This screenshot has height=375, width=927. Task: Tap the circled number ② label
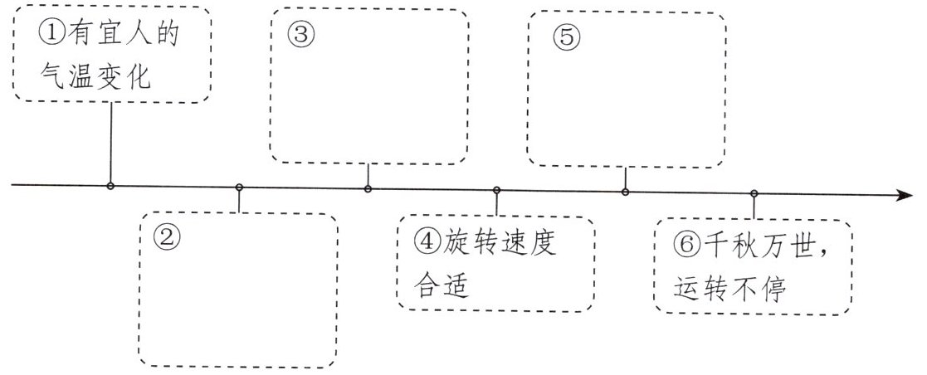pyautogui.click(x=167, y=238)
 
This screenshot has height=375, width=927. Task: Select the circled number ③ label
pyautogui.click(x=300, y=35)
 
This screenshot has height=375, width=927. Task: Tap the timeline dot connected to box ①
pyautogui.click(x=110, y=185)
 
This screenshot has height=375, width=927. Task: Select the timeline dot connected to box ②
pyautogui.click(x=239, y=187)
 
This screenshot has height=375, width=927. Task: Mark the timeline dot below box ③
pyautogui.click(x=368, y=188)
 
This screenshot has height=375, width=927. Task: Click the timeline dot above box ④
pyautogui.click(x=496, y=190)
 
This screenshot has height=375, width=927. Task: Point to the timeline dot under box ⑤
pyautogui.click(x=625, y=192)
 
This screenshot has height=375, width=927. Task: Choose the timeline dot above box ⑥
pyautogui.click(x=754, y=193)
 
